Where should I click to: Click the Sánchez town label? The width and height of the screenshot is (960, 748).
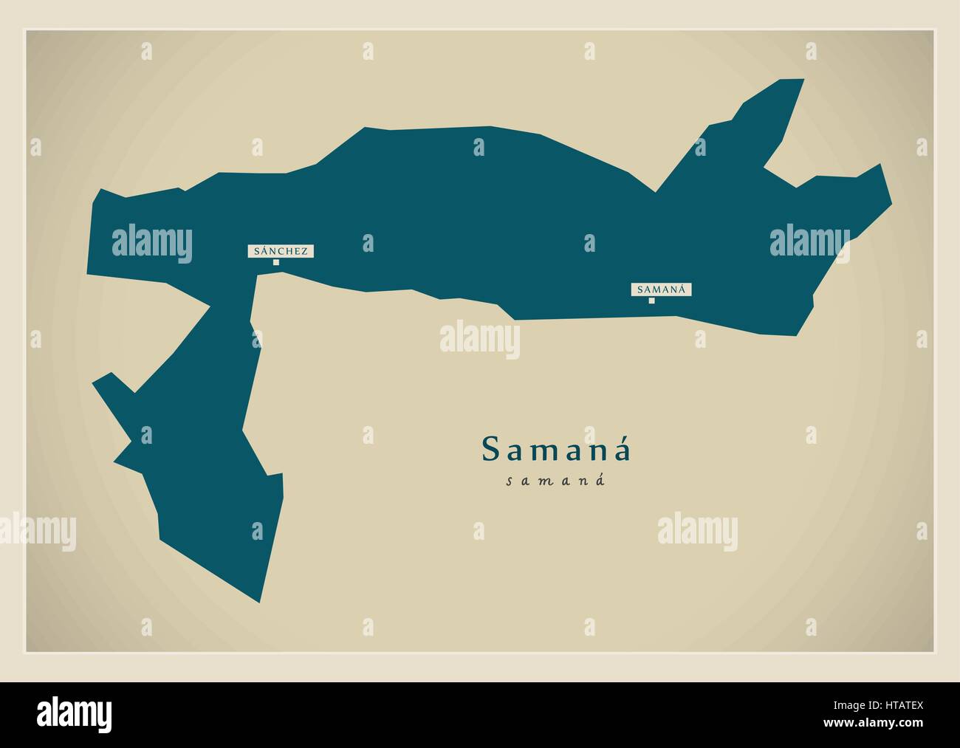coord(281,251)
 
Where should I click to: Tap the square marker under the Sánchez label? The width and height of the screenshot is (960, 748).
coord(276,262)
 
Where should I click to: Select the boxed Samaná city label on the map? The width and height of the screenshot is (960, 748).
coord(661,289)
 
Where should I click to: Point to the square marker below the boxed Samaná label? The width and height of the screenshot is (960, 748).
coord(651,301)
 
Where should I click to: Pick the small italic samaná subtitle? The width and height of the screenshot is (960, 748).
coord(556,481)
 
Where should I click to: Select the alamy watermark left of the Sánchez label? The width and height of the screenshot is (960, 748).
coord(152,241)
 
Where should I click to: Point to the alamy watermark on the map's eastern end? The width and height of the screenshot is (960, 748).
coord(809,241)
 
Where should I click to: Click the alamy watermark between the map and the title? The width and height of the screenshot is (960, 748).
coord(480,340)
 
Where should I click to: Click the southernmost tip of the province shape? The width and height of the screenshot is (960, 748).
coord(259,601)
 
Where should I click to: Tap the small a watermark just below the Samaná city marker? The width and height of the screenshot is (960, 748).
coord(699,339)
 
